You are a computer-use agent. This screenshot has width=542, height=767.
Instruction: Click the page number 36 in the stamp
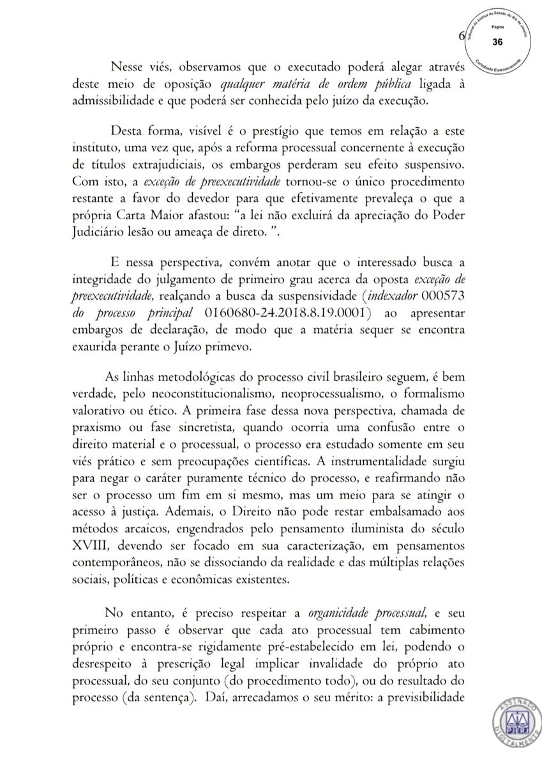point(497,42)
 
